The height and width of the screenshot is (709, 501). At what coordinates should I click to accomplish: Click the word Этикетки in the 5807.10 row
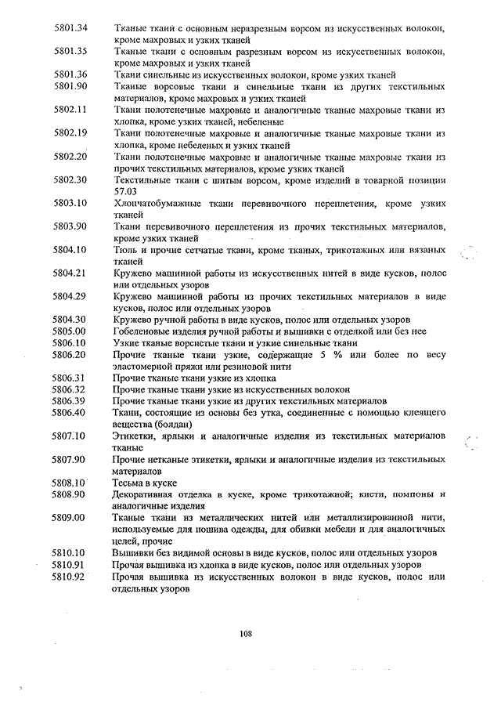tap(135, 436)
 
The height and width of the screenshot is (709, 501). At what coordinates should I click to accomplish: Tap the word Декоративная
tap(149, 494)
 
